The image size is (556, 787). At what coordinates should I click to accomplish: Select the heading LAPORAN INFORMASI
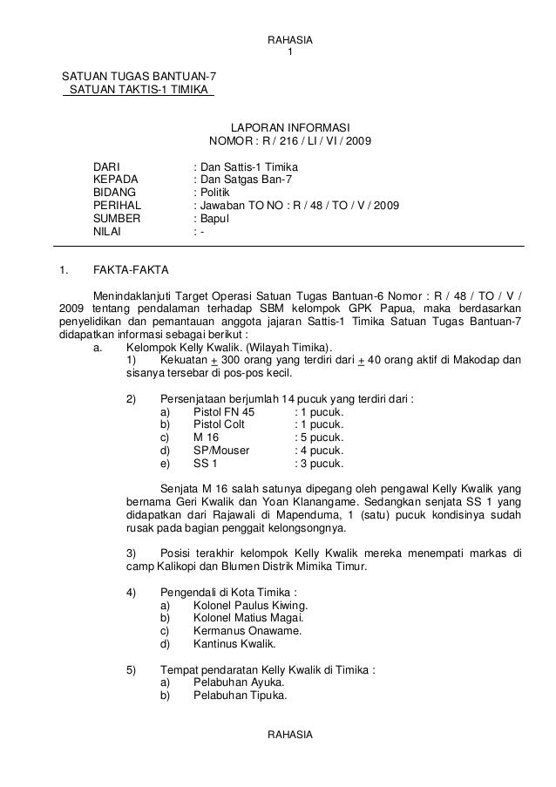[289, 127]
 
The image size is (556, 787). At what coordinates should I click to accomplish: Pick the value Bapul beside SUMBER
[216, 219]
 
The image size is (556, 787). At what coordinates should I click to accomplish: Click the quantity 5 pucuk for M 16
[322, 438]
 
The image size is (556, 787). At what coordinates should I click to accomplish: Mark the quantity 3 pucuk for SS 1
[322, 464]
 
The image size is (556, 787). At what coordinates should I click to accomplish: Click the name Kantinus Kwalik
[234, 645]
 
